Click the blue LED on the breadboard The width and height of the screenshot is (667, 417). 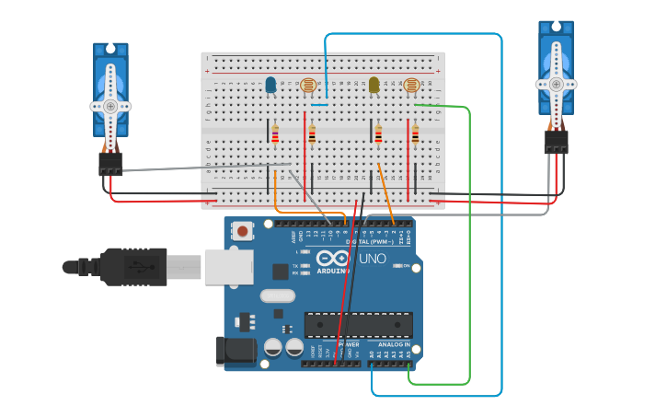click(271, 86)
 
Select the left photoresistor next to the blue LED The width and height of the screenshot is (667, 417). click(308, 86)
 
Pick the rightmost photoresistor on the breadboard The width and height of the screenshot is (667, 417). click(412, 86)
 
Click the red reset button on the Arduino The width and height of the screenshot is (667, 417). click(243, 230)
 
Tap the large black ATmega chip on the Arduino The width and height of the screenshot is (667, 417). click(359, 325)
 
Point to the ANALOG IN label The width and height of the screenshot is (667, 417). click(394, 344)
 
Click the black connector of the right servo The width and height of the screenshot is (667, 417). click(556, 142)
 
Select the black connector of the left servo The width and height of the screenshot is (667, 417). click(111, 164)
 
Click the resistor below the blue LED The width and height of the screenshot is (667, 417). click(275, 134)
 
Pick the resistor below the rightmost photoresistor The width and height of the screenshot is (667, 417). click(415, 135)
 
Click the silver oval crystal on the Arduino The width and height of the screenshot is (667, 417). click(277, 295)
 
